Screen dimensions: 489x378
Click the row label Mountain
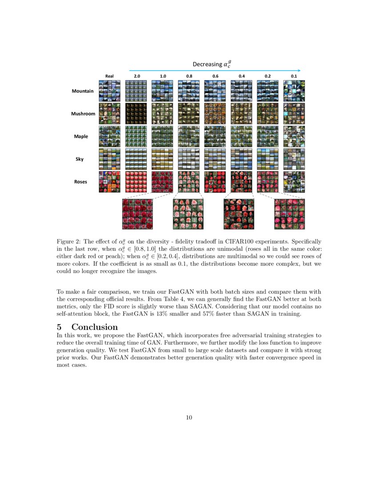(x=83, y=91)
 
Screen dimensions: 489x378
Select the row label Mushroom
(x=83, y=114)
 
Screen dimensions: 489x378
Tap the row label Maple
(x=81, y=136)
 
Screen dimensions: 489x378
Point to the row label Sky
(x=79, y=159)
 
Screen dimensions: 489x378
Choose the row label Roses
(x=81, y=182)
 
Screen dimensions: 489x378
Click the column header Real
(x=109, y=76)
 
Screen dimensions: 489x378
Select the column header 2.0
(x=137, y=76)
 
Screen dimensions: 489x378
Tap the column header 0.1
(x=294, y=76)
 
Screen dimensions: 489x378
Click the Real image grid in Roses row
(x=109, y=182)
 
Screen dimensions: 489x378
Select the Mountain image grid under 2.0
(x=137, y=91)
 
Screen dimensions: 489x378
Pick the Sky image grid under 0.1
(x=294, y=159)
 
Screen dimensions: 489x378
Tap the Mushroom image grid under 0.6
(x=215, y=114)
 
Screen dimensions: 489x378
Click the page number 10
(x=189, y=417)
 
